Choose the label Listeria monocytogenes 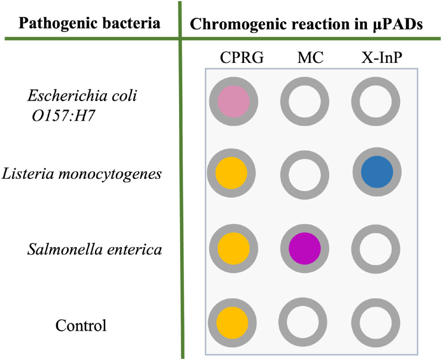[82, 174]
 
